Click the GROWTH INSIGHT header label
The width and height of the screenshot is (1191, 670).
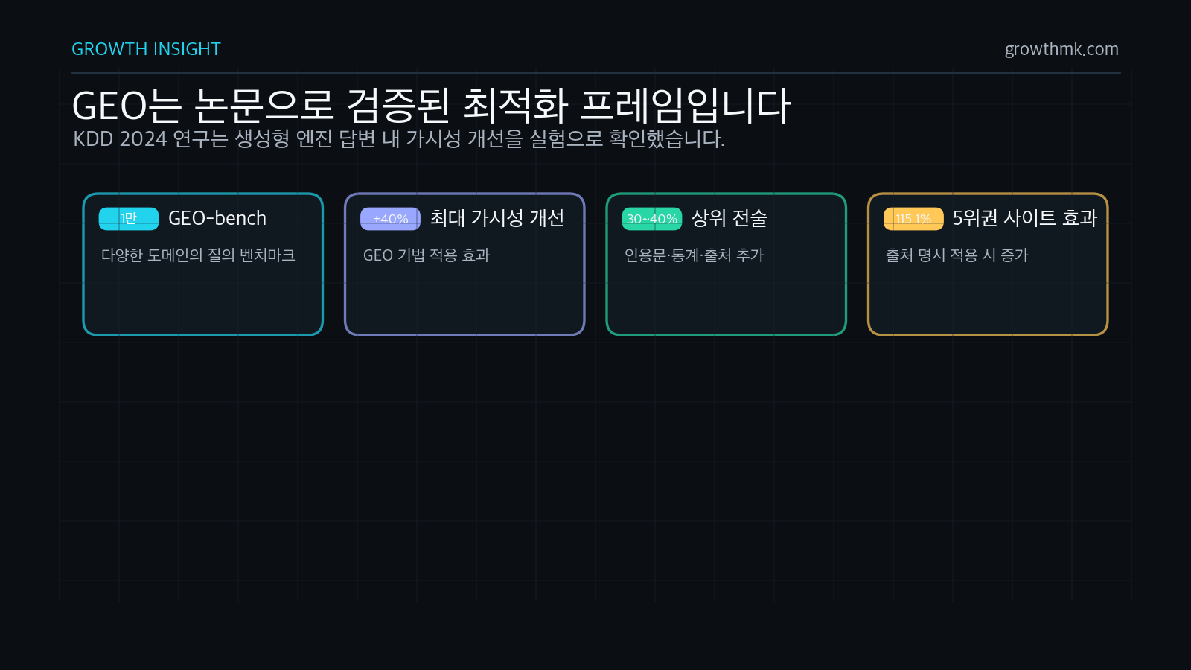click(146, 49)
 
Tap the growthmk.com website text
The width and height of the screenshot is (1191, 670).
click(1061, 49)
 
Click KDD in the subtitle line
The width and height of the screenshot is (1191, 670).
click(93, 139)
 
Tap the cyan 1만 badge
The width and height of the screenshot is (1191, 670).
click(129, 219)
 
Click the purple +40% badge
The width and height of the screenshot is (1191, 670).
click(390, 219)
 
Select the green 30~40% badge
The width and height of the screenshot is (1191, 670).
click(652, 219)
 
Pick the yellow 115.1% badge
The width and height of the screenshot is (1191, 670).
click(913, 219)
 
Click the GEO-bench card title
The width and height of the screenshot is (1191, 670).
click(217, 219)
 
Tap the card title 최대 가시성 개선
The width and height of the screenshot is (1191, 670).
click(496, 218)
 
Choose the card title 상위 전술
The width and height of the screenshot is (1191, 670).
click(729, 218)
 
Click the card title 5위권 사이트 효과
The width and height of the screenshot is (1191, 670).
click(1024, 218)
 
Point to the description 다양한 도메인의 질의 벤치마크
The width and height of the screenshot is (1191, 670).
click(198, 255)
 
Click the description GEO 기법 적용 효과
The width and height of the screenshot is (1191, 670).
click(426, 255)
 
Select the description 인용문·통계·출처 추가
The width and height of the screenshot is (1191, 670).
click(694, 255)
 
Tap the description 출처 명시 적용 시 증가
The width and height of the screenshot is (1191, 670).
click(957, 255)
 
